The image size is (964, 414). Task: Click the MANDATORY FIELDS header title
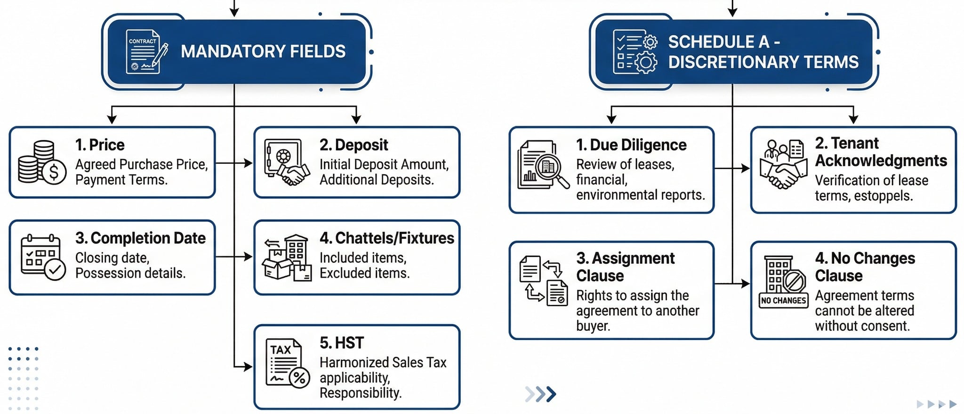263,51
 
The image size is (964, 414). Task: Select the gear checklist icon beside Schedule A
635,52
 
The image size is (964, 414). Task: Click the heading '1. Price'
100,145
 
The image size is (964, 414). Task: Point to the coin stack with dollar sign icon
41,162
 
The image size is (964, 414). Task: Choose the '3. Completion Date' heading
140,238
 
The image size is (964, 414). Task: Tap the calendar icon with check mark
43,257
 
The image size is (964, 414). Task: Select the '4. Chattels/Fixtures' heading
386,238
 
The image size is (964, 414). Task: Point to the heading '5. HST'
342,343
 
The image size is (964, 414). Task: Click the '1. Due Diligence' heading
631,145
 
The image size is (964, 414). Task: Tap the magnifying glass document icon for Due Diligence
543,165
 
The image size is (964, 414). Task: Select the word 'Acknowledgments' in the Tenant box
881,161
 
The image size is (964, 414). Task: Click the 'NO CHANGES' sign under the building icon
784,300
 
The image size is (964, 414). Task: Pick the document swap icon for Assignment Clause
543,281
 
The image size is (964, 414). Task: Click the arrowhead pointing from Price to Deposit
249,163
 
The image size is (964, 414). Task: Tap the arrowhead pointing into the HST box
249,366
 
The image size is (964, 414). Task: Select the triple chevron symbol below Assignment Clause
541,394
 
